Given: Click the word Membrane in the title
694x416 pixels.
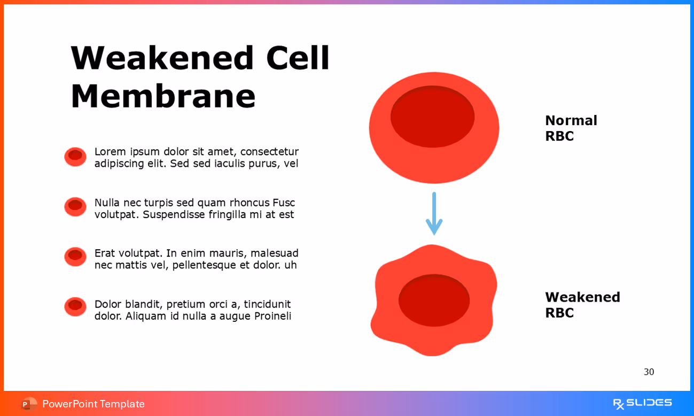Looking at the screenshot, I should [x=163, y=96].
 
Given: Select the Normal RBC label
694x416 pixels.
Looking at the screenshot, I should [x=571, y=128].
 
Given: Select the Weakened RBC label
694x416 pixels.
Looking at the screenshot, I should [x=582, y=305].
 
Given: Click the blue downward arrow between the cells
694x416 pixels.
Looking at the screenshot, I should [x=434, y=214].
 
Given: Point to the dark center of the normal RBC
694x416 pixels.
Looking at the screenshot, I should [x=432, y=117].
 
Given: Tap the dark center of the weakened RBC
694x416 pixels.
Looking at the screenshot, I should [x=434, y=300].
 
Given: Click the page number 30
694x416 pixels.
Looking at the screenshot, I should [x=649, y=372].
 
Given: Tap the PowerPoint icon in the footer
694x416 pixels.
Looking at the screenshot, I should [x=29, y=404].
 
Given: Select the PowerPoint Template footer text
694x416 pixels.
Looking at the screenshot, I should [x=93, y=404].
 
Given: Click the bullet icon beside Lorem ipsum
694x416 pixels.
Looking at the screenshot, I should [x=75, y=157].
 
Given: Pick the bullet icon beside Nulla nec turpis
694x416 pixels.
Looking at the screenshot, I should [x=75, y=206].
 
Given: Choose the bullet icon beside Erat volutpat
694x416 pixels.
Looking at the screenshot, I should [x=75, y=257].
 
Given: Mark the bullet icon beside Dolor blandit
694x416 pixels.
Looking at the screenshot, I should [x=75, y=306].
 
